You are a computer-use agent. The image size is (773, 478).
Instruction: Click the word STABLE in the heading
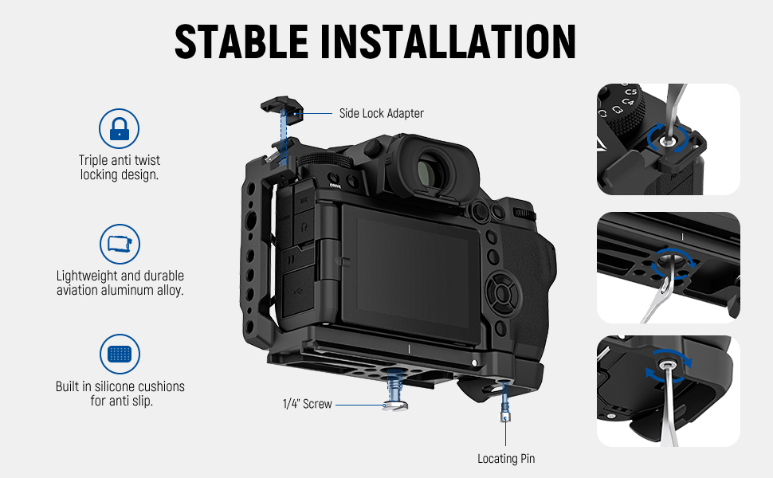241,41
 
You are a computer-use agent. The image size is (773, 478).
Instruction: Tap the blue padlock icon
119,128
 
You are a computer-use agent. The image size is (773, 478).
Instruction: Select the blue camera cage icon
120,244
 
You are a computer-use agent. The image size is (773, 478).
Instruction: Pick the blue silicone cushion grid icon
120,354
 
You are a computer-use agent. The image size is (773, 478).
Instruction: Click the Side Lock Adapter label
381,113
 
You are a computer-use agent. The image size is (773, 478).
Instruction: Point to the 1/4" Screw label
307,404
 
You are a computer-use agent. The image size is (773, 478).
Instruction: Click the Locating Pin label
506,458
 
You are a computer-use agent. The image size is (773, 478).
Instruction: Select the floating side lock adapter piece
282,105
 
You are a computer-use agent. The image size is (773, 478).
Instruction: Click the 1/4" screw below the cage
395,391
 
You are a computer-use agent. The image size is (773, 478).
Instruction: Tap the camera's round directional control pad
502,294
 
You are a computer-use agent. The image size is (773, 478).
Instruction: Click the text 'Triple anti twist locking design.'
120,167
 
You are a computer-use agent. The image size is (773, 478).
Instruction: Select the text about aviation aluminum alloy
120,283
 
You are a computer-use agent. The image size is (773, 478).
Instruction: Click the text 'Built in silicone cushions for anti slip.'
120,394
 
